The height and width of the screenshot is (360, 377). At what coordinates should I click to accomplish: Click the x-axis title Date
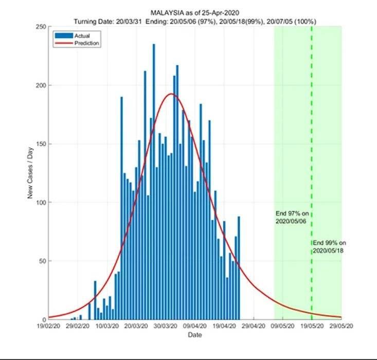click(x=194, y=334)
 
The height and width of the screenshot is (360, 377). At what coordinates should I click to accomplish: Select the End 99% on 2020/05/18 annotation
click(x=329, y=246)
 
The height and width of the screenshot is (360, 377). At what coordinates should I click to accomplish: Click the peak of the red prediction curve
click(x=171, y=94)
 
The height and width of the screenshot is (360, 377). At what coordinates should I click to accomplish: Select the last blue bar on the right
click(x=239, y=267)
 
